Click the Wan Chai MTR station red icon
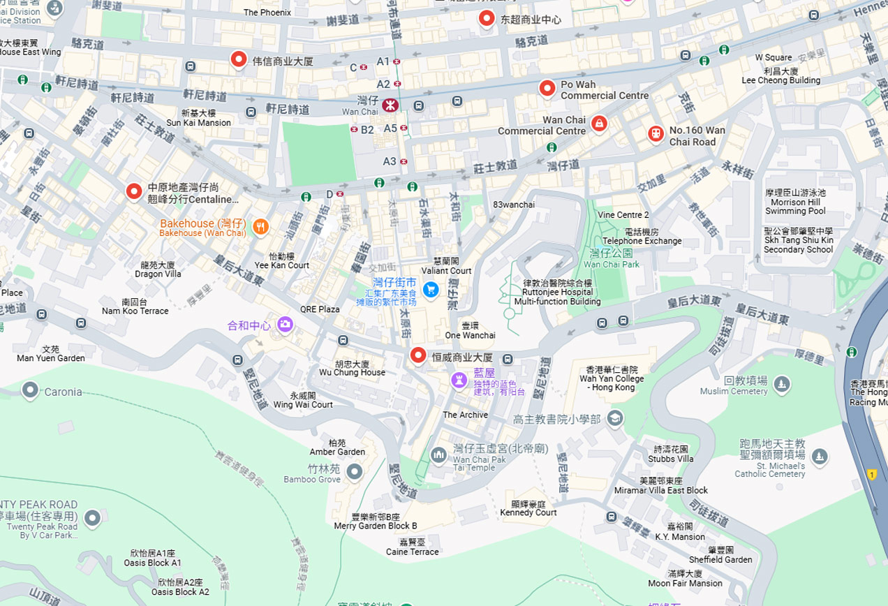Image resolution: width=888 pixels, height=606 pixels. click(390, 105)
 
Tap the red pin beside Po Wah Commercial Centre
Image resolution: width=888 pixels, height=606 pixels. click(547, 88)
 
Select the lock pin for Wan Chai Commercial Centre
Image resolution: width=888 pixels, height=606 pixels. click(598, 124)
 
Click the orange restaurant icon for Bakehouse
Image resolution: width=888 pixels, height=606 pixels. click(260, 226)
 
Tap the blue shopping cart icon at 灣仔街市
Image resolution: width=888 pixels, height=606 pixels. click(431, 288)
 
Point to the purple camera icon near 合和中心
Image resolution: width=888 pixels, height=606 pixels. click(285, 324)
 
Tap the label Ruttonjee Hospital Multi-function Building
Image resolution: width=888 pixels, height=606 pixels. click(557, 293)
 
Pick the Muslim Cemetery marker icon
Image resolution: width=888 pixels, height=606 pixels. click(782, 383)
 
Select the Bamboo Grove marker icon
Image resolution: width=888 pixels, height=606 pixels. click(355, 473)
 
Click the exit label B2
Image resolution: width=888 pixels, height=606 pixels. click(367, 130)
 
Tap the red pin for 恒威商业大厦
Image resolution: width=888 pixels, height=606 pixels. click(417, 355)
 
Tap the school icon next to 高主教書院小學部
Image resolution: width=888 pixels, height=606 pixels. click(614, 418)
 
